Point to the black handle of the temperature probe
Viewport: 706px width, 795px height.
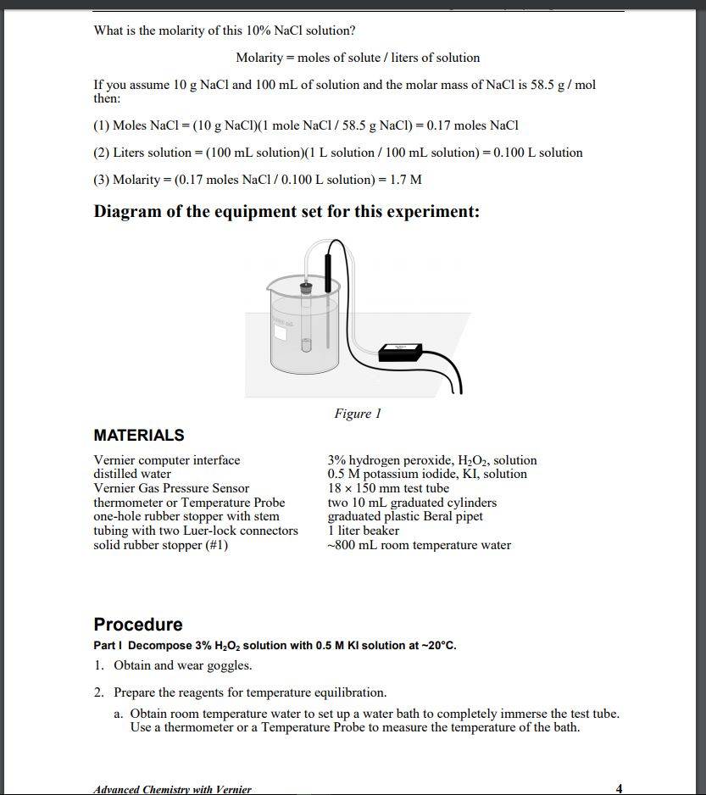(325, 264)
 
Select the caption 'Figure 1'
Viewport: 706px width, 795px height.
(358, 414)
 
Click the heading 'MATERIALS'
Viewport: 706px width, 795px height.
(138, 436)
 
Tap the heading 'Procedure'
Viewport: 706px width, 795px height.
(138, 625)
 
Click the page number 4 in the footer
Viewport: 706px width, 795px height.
(619, 788)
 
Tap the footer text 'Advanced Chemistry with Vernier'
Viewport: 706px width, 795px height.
(173, 789)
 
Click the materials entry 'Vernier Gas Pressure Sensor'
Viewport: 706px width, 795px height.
(171, 488)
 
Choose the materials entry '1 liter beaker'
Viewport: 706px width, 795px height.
(364, 531)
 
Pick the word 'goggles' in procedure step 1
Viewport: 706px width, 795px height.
(229, 665)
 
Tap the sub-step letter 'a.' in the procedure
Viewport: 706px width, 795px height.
(119, 714)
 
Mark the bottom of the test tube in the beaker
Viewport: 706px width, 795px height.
(306, 347)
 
